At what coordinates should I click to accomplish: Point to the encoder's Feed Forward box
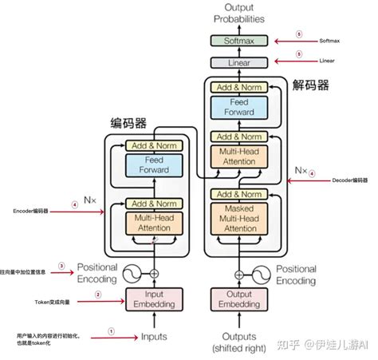point(154,166)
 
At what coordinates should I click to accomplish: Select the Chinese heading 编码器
point(128,123)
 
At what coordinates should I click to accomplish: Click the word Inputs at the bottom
point(154,337)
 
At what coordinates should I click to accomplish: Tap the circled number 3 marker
point(61,266)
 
